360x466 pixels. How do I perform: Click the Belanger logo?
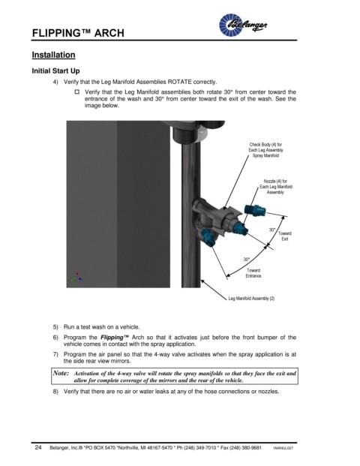coord(243,25)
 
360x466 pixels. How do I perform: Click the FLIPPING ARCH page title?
coord(78,33)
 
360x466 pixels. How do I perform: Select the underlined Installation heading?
coord(53,55)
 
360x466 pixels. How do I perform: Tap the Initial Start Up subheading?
coord(55,71)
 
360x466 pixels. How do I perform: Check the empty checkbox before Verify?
coord(77,92)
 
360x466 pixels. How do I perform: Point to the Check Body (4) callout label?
coord(265,150)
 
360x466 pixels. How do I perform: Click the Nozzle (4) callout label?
coord(276,187)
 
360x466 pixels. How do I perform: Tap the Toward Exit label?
coord(284,236)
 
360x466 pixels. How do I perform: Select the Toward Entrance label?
coord(253,273)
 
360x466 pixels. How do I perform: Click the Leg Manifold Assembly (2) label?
coord(251,299)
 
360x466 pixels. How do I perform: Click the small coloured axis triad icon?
coord(77,277)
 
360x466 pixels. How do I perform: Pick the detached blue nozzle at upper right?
coord(255,210)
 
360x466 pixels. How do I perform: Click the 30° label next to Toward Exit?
coord(272,230)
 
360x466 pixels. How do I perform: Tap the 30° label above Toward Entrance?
coord(247,260)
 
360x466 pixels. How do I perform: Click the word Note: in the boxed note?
coord(61,373)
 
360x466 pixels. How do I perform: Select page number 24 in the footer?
coord(38,447)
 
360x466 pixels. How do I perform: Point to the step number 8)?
coord(55,392)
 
